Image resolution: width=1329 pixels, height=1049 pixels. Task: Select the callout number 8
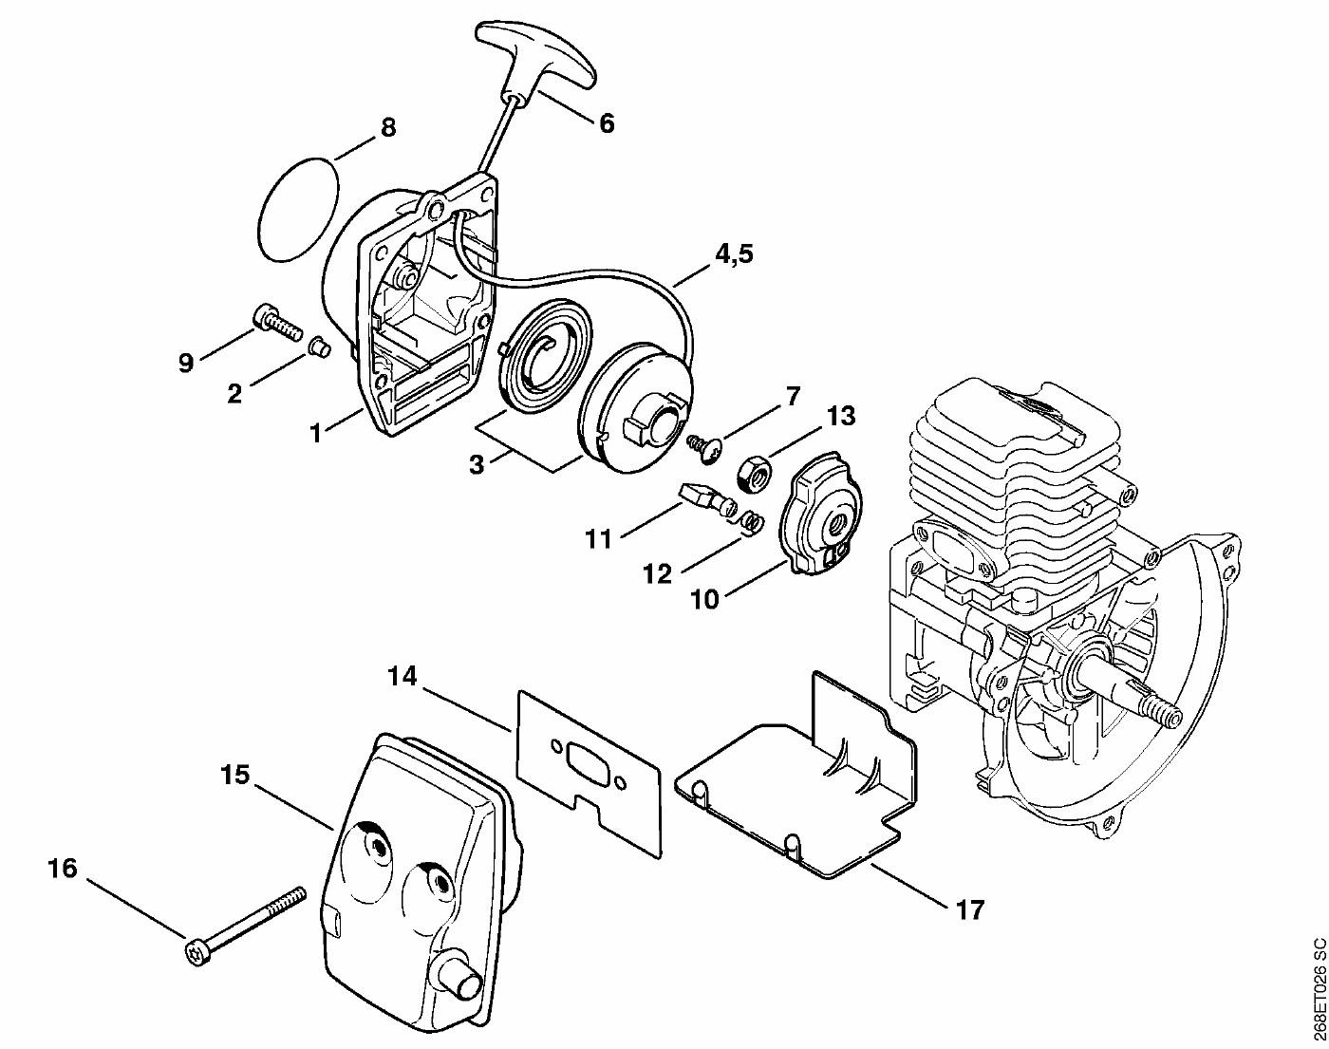pyautogui.click(x=388, y=128)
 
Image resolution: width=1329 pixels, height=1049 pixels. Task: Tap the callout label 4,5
pyautogui.click(x=735, y=253)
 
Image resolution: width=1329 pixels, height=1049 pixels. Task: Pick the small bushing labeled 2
pyautogui.click(x=319, y=347)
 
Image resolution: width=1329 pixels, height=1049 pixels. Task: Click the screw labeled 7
pyautogui.click(x=704, y=446)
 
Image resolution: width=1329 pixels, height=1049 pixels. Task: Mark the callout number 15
pyautogui.click(x=234, y=774)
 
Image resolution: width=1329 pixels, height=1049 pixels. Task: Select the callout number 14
pyautogui.click(x=402, y=677)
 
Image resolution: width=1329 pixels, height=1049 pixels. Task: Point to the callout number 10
pyautogui.click(x=703, y=598)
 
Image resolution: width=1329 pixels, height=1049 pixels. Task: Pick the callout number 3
pyautogui.click(x=477, y=463)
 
